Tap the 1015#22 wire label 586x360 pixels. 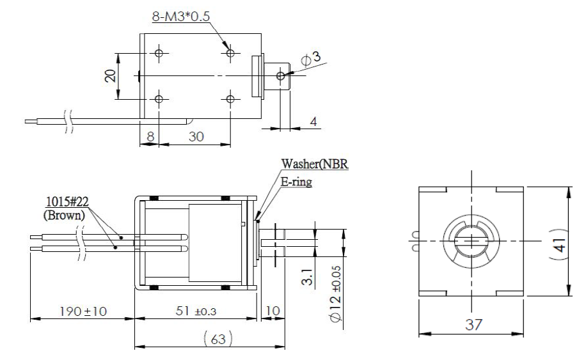tap(67, 205)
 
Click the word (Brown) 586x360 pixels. tap(63, 215)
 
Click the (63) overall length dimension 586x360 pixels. tap(209, 337)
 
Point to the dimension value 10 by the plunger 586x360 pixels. tap(272, 310)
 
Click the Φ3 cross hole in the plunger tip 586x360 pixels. tap(280, 75)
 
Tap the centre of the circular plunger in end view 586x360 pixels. tap(470, 240)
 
